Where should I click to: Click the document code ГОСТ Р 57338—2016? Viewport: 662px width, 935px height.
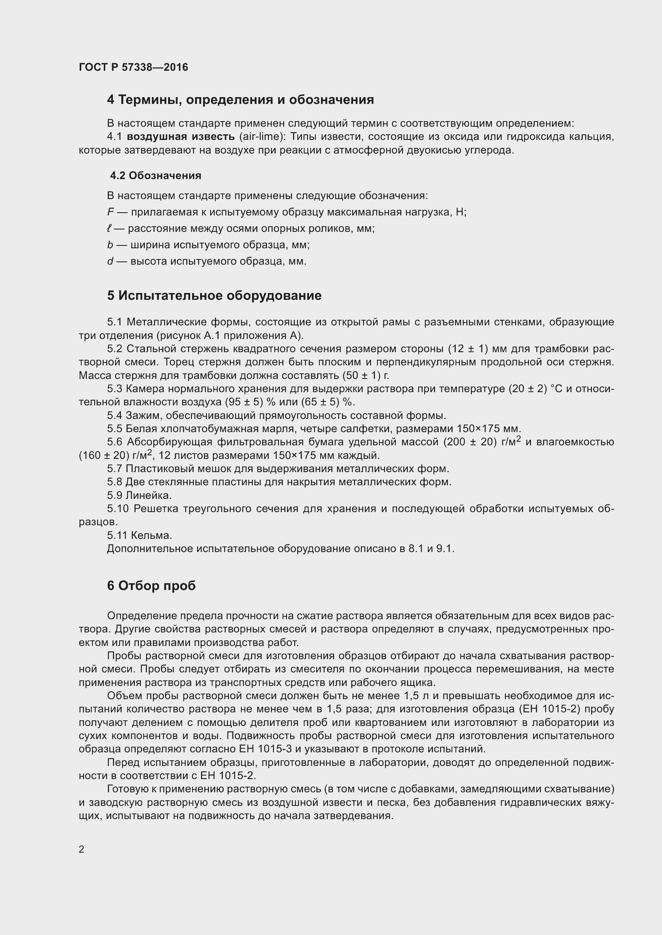pos(133,67)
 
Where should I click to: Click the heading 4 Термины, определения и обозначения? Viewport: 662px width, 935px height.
pos(240,100)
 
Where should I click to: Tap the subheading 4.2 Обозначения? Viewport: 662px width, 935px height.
pos(156,175)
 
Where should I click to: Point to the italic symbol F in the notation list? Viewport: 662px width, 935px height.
pos(110,212)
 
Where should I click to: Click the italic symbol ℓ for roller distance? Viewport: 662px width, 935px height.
pos(109,229)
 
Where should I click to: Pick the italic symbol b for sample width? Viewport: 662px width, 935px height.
pos(110,245)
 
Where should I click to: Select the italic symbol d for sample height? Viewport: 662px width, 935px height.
pos(110,261)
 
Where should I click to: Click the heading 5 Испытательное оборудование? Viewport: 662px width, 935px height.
pos(214,295)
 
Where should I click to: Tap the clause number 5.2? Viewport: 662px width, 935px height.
pos(114,349)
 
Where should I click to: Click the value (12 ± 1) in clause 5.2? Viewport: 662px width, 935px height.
pos(468,349)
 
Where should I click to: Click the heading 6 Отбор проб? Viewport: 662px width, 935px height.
pos(151,586)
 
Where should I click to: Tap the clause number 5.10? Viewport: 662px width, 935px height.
pos(118,508)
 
